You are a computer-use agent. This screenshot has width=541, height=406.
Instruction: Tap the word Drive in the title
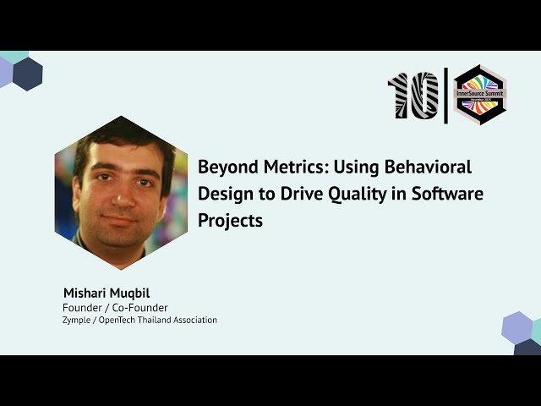305,194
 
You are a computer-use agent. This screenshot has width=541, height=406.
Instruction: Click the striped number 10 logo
413,95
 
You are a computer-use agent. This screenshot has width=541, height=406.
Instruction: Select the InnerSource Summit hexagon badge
479,95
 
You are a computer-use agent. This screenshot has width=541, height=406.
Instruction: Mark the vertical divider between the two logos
446,95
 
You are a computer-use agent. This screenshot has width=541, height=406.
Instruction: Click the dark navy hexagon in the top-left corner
28,74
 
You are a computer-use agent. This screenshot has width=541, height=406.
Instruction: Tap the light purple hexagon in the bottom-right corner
516,327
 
